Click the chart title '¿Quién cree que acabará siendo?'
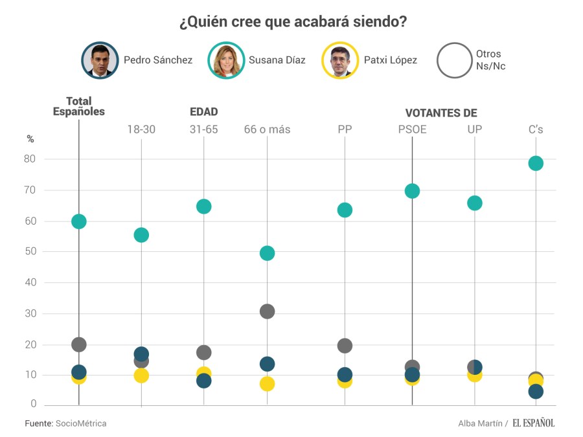click(x=293, y=22)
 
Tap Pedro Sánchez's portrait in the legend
click(x=100, y=60)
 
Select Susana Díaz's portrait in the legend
click(x=226, y=60)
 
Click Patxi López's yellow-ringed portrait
click(x=340, y=60)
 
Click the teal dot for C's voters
click(x=536, y=163)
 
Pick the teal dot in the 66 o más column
click(x=267, y=253)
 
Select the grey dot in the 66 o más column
click(x=267, y=311)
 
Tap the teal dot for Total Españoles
click(x=79, y=221)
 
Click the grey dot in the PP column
click(x=345, y=346)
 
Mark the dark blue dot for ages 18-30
click(x=141, y=353)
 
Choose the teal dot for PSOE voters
click(x=412, y=191)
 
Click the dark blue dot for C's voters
click(x=536, y=392)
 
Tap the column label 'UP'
click(x=474, y=129)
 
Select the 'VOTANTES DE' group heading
click(x=441, y=113)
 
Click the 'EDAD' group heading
click(x=203, y=112)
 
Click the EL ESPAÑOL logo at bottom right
click(x=534, y=423)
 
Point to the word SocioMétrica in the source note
click(x=81, y=423)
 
